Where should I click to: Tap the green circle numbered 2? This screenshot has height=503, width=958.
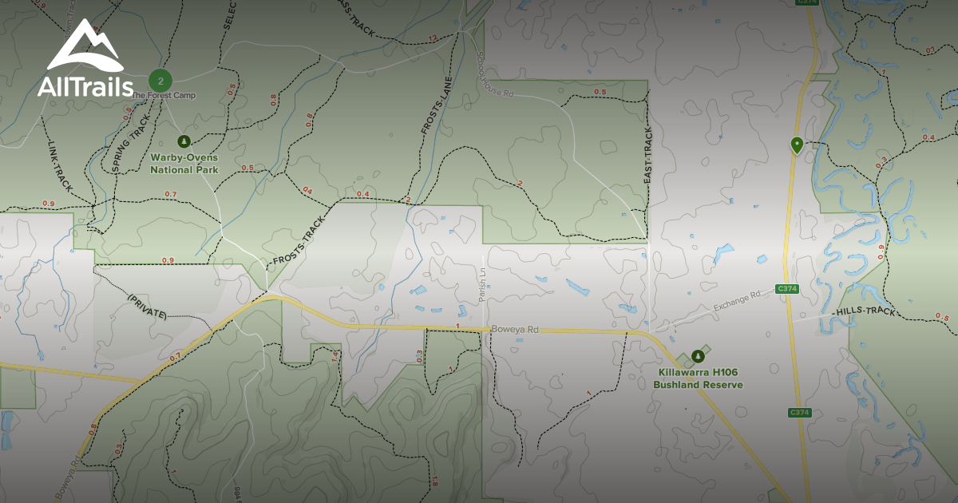point(161,81)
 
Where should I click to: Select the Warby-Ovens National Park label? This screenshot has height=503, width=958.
point(184,164)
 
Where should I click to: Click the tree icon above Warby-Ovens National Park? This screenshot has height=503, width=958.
point(184,141)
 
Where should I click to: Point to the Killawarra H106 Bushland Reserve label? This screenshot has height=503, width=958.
point(698,378)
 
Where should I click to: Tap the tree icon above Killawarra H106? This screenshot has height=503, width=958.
point(699,354)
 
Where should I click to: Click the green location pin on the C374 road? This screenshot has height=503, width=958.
point(796,145)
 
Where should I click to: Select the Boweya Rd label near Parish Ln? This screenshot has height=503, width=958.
point(515,329)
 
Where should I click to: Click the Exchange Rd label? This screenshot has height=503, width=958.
point(737,300)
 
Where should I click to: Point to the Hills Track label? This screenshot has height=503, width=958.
point(865,311)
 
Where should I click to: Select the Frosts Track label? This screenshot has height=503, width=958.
point(299,242)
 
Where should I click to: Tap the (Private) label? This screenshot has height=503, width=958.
point(147,307)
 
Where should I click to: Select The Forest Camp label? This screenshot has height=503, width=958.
point(163,96)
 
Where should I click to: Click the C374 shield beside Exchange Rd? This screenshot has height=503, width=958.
point(787,289)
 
